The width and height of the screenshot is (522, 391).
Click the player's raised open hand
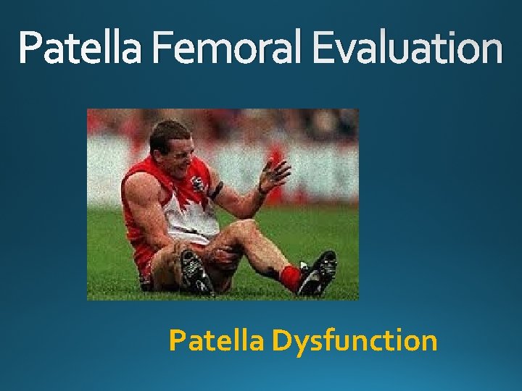pyautogui.click(x=274, y=175)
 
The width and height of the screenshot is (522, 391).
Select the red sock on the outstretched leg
pyautogui.click(x=291, y=277)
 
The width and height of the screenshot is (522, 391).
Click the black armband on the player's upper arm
pyautogui.click(x=216, y=190)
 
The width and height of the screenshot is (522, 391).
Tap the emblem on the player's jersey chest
pyautogui.click(x=197, y=183)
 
